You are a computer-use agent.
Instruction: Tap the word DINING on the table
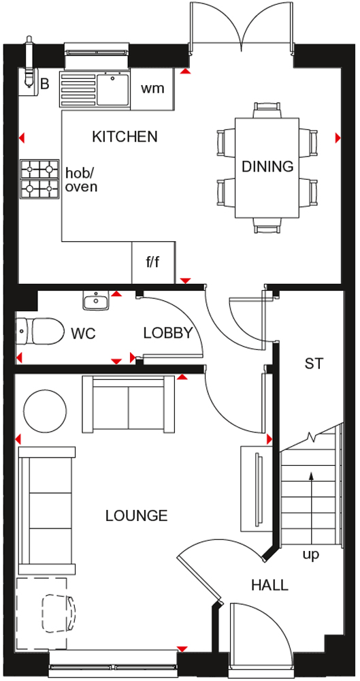click(x=267, y=166)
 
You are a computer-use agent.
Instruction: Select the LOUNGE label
click(x=136, y=516)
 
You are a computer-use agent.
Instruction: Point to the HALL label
click(x=269, y=585)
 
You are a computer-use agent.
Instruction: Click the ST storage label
click(x=314, y=363)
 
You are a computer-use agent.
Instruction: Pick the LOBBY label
click(x=168, y=333)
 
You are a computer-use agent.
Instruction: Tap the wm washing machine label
click(x=153, y=89)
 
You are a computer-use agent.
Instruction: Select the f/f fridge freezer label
click(x=153, y=263)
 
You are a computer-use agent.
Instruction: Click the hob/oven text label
click(x=81, y=180)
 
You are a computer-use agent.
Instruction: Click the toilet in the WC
click(x=38, y=332)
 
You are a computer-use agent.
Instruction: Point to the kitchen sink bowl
click(x=113, y=89)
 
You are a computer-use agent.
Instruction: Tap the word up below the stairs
click(x=311, y=556)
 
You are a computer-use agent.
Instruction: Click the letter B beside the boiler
click(x=45, y=84)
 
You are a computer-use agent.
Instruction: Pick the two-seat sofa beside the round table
click(x=129, y=404)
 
